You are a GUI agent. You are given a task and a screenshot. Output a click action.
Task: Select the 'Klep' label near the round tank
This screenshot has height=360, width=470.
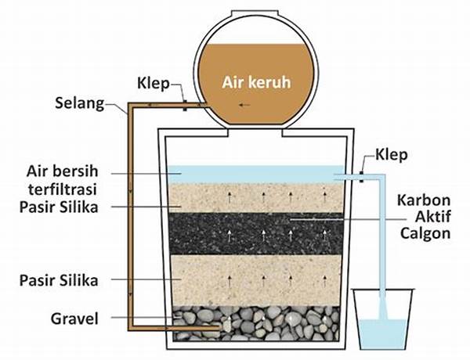(153, 81)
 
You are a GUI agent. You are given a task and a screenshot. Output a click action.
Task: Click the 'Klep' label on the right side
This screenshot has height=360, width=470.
(392, 154)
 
